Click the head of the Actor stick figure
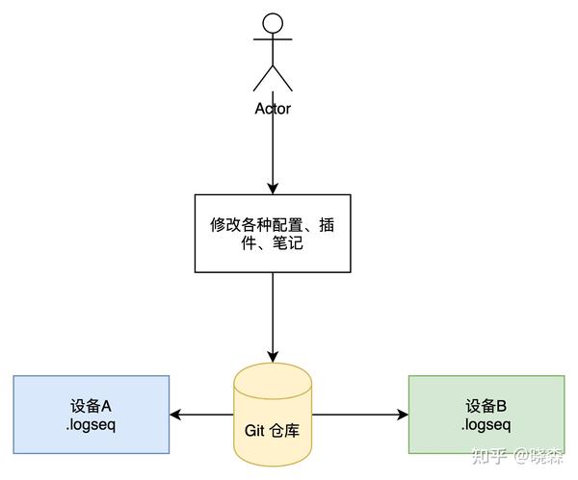(273, 24)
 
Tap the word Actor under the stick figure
(273, 109)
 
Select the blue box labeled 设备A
(92, 415)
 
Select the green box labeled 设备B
(486, 415)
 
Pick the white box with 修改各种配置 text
(273, 233)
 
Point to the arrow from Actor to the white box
(273, 154)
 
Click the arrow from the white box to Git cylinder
(273, 317)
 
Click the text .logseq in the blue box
(92, 424)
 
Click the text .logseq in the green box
(486, 424)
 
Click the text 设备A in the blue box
(92, 405)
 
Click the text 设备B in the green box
(486, 405)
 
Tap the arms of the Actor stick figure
(273, 41)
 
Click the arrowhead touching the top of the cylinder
(273, 357)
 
